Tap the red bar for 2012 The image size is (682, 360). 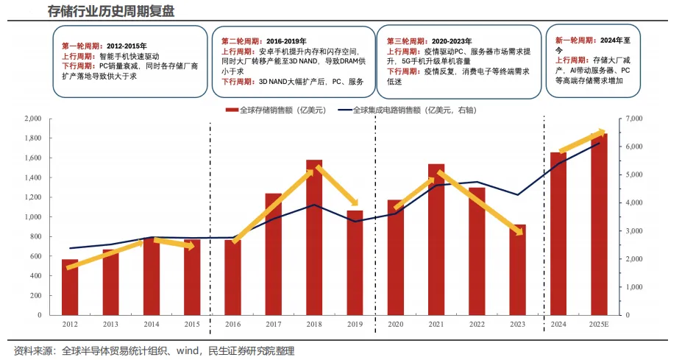click(70, 287)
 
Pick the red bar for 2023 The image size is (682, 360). click(518, 269)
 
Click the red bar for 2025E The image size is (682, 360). click(599, 224)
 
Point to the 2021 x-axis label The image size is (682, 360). click(436, 324)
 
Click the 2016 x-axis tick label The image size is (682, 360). click(232, 324)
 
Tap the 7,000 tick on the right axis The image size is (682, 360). click(633, 119)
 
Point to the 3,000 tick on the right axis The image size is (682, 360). click(633, 231)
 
